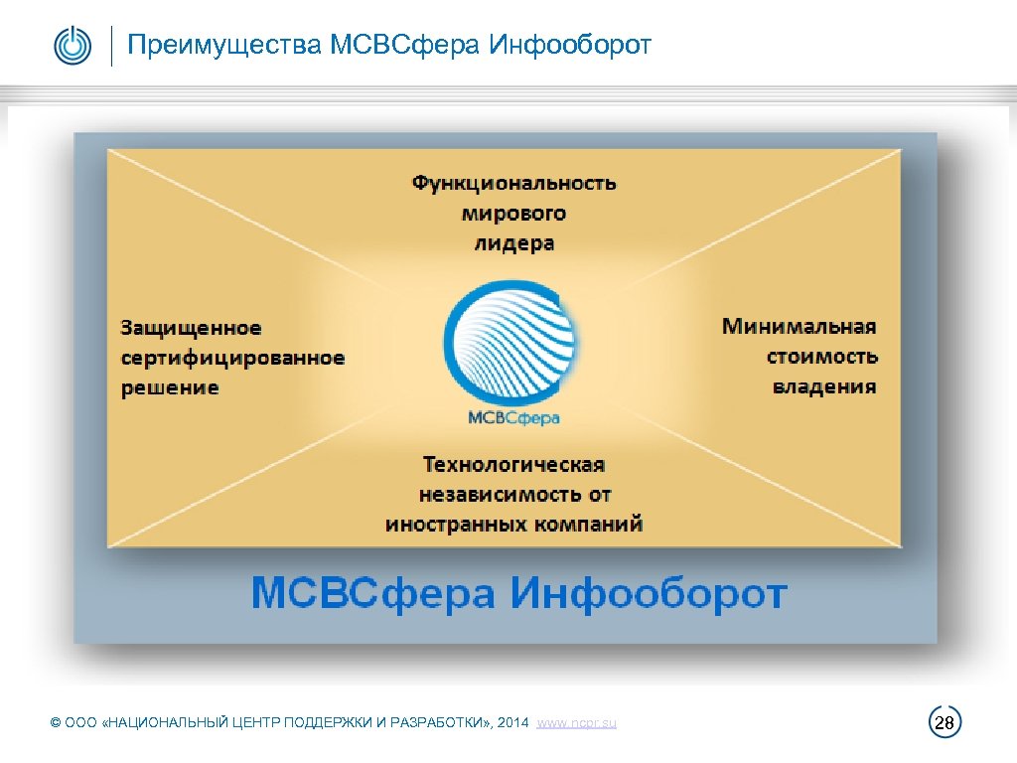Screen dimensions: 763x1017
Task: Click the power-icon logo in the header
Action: tap(73, 46)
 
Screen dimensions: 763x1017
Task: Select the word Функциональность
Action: tap(513, 183)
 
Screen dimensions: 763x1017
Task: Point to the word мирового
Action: tap(513, 213)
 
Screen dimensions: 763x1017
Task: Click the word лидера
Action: tap(513, 242)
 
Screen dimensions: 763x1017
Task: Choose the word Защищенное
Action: tap(192, 328)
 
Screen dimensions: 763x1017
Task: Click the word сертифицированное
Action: tap(233, 358)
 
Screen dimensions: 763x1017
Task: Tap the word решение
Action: tap(170, 387)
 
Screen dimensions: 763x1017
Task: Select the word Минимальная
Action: tap(799, 326)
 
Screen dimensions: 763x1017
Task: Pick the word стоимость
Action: tap(822, 356)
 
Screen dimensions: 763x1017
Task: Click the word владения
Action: tap(824, 385)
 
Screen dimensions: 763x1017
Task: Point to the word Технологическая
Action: tap(513, 464)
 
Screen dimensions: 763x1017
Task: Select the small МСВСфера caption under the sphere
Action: tap(512, 417)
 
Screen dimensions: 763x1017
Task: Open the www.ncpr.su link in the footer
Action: tap(576, 723)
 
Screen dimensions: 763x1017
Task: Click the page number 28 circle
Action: tap(945, 723)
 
